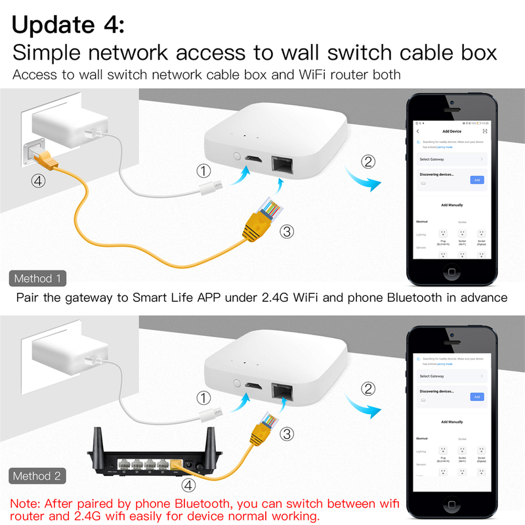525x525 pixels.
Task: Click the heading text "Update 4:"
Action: (68, 24)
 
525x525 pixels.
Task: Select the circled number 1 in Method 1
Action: (205, 172)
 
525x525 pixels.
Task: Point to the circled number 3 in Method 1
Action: (285, 231)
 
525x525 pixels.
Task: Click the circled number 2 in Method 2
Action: (369, 388)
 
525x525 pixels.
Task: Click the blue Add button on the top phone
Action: (477, 179)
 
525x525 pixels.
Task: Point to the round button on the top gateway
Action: (236, 157)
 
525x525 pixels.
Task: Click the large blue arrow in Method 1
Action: (366, 181)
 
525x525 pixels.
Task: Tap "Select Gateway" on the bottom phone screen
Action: (432, 376)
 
